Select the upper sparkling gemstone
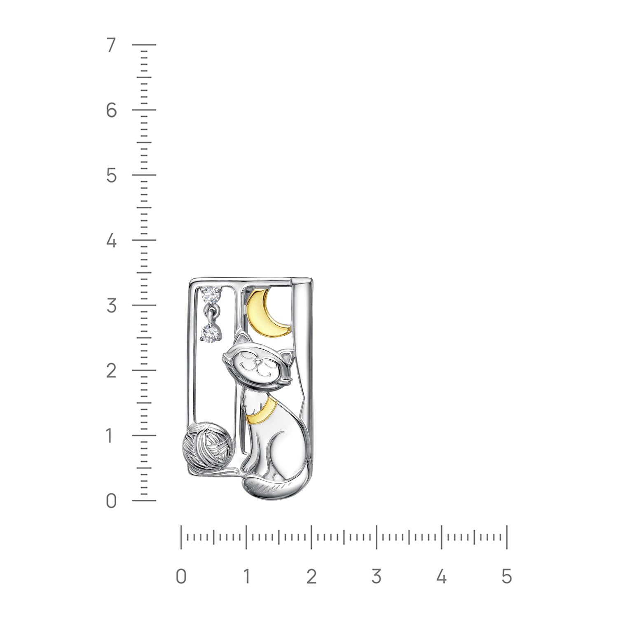click(x=211, y=295)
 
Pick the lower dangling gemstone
click(x=211, y=332)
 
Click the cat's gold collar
click(x=260, y=410)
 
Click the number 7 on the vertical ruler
click(x=111, y=45)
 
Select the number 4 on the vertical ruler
click(x=111, y=241)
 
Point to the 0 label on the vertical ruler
click(x=111, y=501)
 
